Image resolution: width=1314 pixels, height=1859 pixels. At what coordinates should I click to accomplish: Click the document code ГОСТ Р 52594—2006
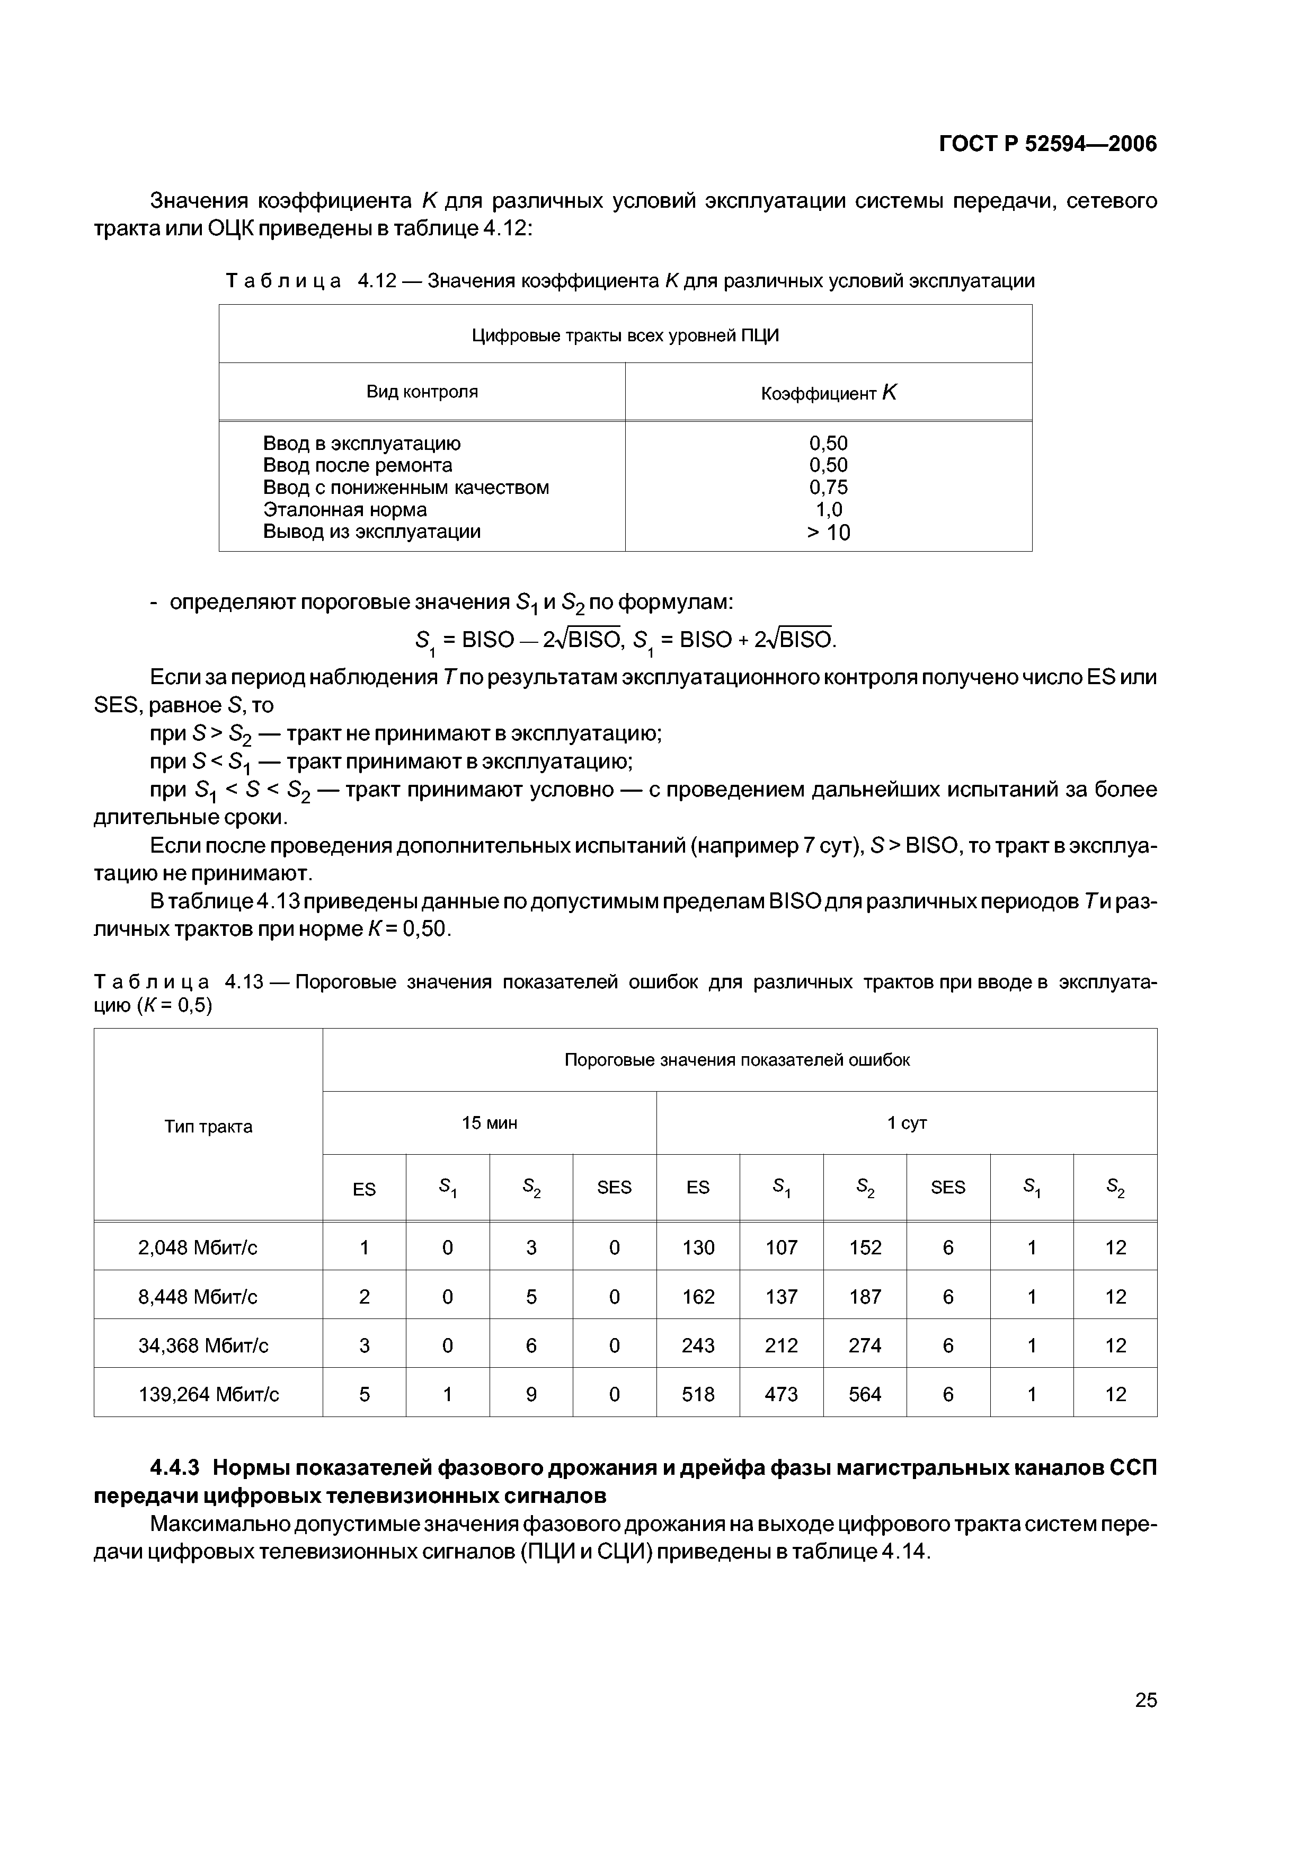click(1047, 144)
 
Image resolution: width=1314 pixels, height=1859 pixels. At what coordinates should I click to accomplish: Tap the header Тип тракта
click(208, 1127)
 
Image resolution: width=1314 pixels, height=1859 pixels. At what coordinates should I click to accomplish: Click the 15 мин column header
click(489, 1123)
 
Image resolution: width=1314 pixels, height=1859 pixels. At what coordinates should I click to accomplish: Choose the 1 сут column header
click(906, 1123)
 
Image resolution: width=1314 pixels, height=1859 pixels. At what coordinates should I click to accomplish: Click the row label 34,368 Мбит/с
click(208, 1345)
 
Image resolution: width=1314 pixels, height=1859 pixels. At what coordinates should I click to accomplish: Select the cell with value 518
click(698, 1394)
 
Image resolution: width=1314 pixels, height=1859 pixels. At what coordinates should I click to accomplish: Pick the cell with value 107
click(782, 1247)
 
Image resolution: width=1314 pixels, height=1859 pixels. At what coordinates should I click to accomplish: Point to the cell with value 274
click(865, 1345)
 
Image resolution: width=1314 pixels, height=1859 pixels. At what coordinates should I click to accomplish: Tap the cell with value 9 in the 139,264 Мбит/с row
click(531, 1394)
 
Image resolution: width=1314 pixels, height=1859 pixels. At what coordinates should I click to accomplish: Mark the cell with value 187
click(865, 1297)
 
